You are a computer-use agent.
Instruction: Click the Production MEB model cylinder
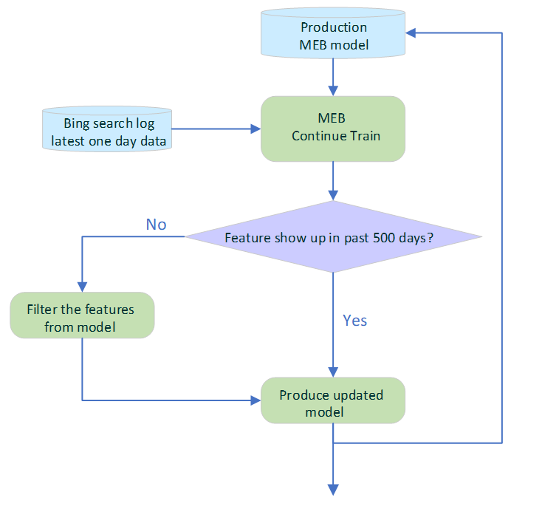point(333,36)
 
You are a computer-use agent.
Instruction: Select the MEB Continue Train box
point(333,128)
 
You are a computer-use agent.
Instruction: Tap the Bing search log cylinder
point(107,131)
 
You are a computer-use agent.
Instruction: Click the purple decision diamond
point(333,237)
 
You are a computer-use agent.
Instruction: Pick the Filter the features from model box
point(82,315)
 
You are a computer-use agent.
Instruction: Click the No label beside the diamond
point(156,225)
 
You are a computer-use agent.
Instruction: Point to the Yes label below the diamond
point(354,321)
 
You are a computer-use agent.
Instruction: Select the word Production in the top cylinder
point(333,28)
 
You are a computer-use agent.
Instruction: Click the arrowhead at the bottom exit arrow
point(333,489)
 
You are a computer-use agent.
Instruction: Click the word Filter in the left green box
point(44,309)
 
